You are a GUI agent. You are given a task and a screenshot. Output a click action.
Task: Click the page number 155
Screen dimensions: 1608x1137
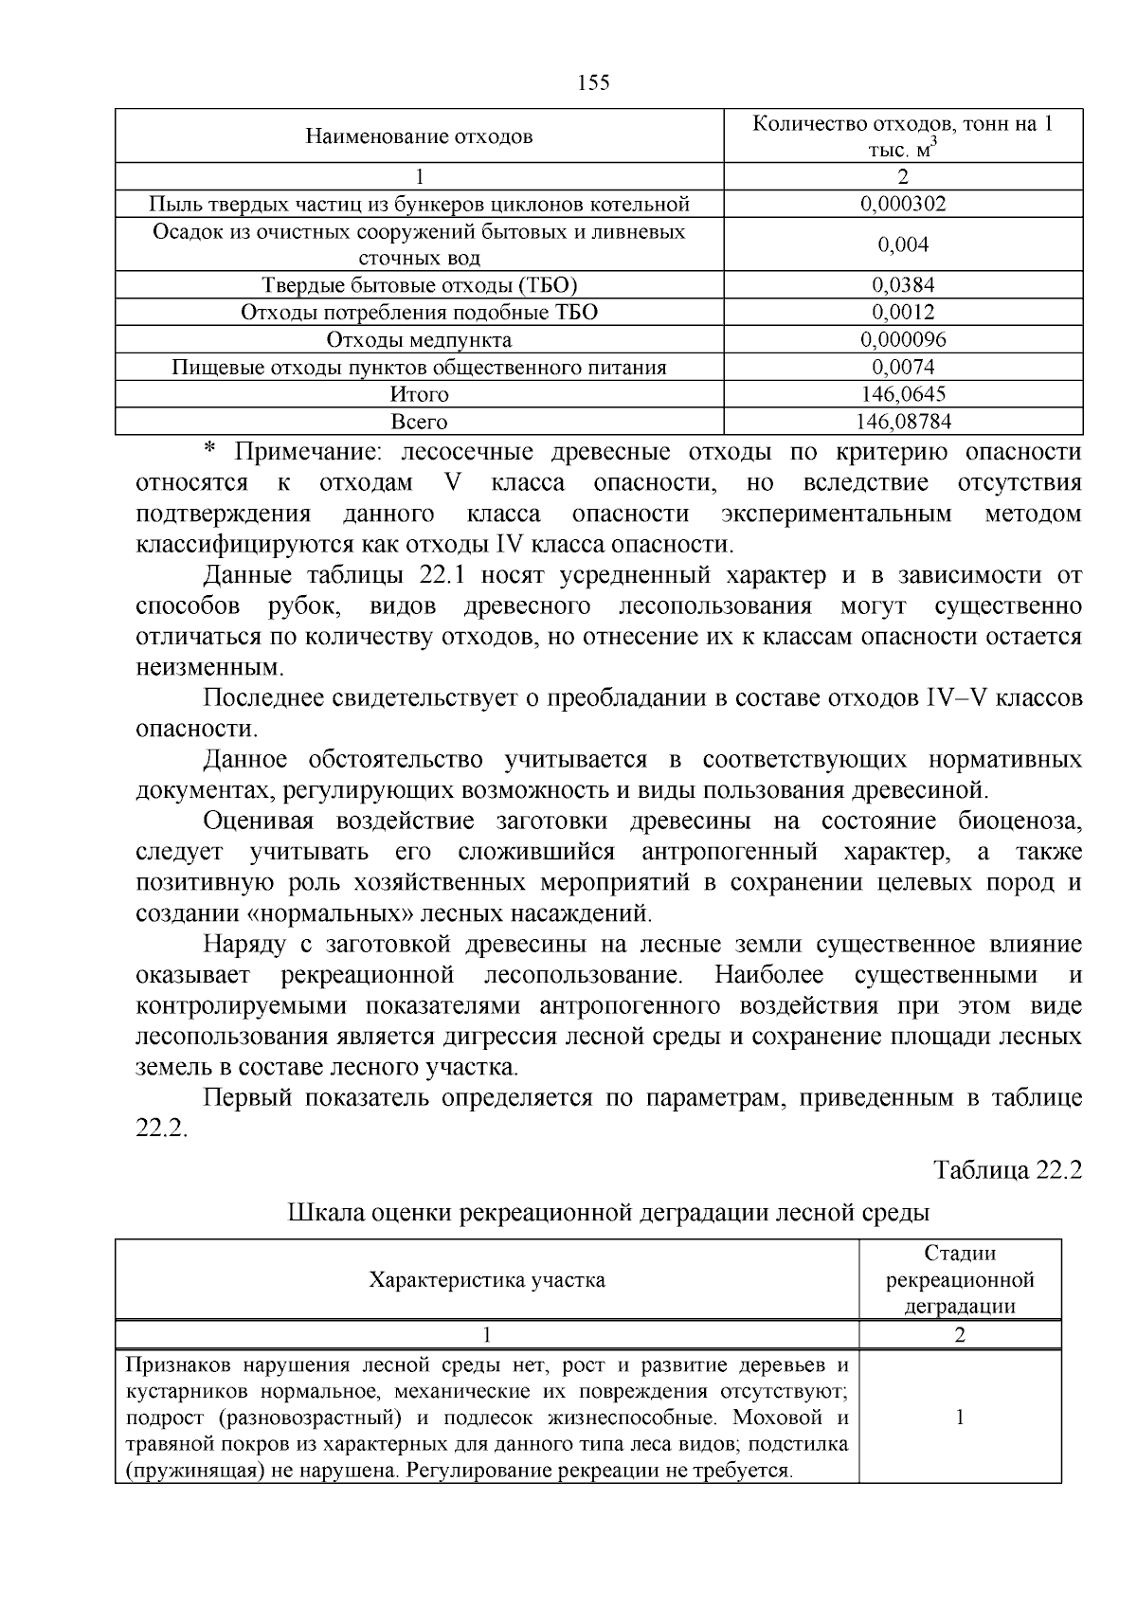coord(593,83)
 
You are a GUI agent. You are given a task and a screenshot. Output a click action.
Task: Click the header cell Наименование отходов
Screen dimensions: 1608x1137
coord(419,136)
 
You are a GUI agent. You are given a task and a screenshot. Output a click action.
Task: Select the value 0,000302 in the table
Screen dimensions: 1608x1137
coord(903,204)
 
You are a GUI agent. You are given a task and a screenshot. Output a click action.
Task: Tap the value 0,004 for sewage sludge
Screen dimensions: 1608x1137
coord(903,244)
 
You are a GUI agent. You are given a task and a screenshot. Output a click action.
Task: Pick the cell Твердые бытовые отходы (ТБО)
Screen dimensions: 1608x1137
coord(419,285)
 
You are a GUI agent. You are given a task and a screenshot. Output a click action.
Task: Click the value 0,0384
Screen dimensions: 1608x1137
coord(903,285)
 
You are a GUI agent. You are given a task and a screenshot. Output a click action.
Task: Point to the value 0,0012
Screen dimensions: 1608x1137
coord(903,313)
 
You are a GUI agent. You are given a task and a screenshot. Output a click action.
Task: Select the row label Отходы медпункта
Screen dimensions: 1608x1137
coord(419,340)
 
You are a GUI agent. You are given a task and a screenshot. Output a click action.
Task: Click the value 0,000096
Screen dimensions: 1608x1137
coord(903,340)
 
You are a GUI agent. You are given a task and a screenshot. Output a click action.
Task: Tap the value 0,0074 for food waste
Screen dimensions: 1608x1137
coord(903,368)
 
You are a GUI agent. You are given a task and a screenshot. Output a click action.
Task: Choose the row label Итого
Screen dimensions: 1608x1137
coord(419,394)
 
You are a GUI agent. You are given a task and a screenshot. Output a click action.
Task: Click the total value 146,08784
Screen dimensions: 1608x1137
coord(903,422)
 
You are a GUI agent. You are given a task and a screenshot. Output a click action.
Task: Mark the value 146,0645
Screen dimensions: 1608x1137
coord(903,394)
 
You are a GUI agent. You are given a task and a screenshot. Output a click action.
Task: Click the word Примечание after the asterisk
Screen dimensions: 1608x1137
coord(308,452)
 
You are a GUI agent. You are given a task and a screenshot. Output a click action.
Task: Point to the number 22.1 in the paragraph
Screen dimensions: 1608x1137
coord(440,575)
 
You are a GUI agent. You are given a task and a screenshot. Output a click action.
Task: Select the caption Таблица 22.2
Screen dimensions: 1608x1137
coord(1007,1170)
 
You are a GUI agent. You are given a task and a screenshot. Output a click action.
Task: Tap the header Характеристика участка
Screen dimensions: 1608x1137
coord(487,1280)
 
